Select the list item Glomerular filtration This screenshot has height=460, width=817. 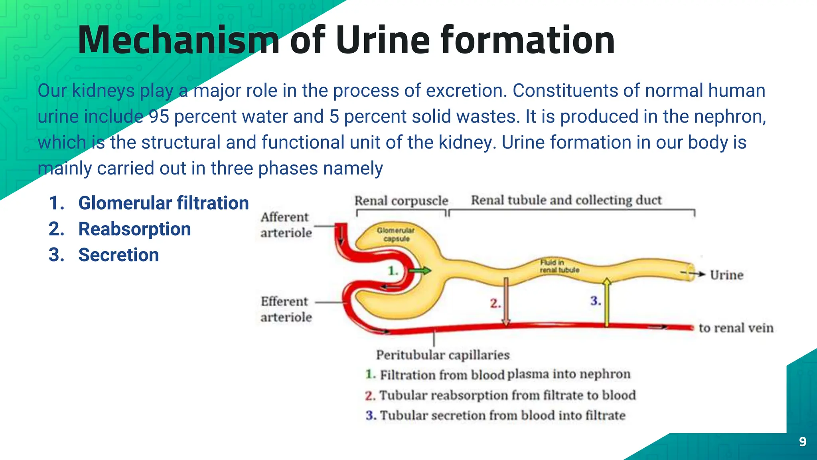pyautogui.click(x=163, y=203)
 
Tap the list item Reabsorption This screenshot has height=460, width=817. pyautogui.click(x=134, y=229)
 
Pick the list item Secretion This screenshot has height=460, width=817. pyautogui.click(x=118, y=255)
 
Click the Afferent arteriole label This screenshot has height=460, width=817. pyautogui.click(x=286, y=225)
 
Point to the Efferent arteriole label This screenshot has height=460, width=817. pyautogui.click(x=286, y=309)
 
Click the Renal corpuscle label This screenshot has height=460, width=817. pyautogui.click(x=401, y=200)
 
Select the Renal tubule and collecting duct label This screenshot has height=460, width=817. pyautogui.click(x=566, y=200)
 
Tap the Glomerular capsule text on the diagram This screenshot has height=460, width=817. pyautogui.click(x=396, y=234)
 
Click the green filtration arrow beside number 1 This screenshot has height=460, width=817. pyautogui.click(x=420, y=271)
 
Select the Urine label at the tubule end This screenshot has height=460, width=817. pyautogui.click(x=726, y=275)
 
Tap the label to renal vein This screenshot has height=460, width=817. pyautogui.click(x=736, y=328)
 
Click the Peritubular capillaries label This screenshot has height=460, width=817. pyautogui.click(x=443, y=355)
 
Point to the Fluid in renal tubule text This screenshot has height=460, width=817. pyautogui.click(x=559, y=266)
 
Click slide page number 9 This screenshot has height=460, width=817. pyautogui.click(x=803, y=442)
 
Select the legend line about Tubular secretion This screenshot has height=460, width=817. pyautogui.click(x=495, y=415)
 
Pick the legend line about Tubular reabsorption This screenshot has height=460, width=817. pyautogui.click(x=500, y=395)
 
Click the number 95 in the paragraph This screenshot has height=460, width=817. pyautogui.click(x=159, y=117)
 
